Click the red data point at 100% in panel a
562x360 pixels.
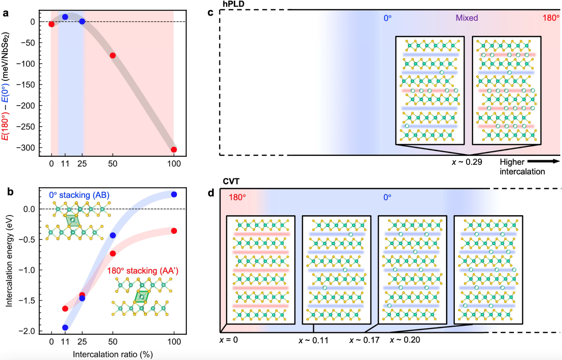pos(174,149)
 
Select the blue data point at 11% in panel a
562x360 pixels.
pos(65,17)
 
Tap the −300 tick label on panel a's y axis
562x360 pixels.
pos(26,148)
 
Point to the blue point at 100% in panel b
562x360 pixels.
pos(174,194)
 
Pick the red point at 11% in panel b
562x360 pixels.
pos(65,309)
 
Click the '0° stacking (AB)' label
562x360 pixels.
pos(79,195)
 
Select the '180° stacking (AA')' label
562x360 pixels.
pos(143,271)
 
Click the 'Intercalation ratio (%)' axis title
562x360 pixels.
pos(113,354)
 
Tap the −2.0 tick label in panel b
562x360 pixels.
pos(27,331)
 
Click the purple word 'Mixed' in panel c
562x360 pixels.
pos(467,18)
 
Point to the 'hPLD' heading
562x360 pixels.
pos(234,4)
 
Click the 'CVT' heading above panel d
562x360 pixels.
pos(231,181)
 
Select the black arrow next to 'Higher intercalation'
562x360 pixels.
pos(544,161)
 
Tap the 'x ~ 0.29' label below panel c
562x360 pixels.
pos(467,162)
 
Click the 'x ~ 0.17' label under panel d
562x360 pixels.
pos(364,340)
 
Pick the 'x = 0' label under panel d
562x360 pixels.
pos(228,340)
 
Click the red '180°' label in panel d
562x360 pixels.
pos(237,197)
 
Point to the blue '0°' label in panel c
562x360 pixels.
pos(387,18)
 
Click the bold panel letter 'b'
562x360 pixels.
pos(10,192)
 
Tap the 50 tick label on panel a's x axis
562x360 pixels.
pos(113,164)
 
